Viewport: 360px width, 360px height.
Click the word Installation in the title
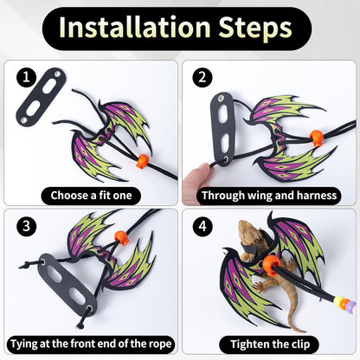135,27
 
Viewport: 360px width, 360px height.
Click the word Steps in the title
255,28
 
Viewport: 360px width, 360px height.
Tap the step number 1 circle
26,77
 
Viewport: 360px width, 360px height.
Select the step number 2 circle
202,77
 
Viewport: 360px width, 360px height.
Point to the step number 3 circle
26,226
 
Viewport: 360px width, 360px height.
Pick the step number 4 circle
202,226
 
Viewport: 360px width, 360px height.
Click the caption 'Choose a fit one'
91,196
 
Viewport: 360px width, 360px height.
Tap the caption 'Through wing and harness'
269,196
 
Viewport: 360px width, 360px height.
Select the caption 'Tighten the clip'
270,344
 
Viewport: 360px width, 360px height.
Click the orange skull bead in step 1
143,161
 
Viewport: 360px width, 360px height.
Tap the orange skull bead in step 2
316,138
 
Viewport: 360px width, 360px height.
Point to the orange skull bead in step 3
121,238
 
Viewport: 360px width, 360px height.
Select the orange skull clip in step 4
271,264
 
